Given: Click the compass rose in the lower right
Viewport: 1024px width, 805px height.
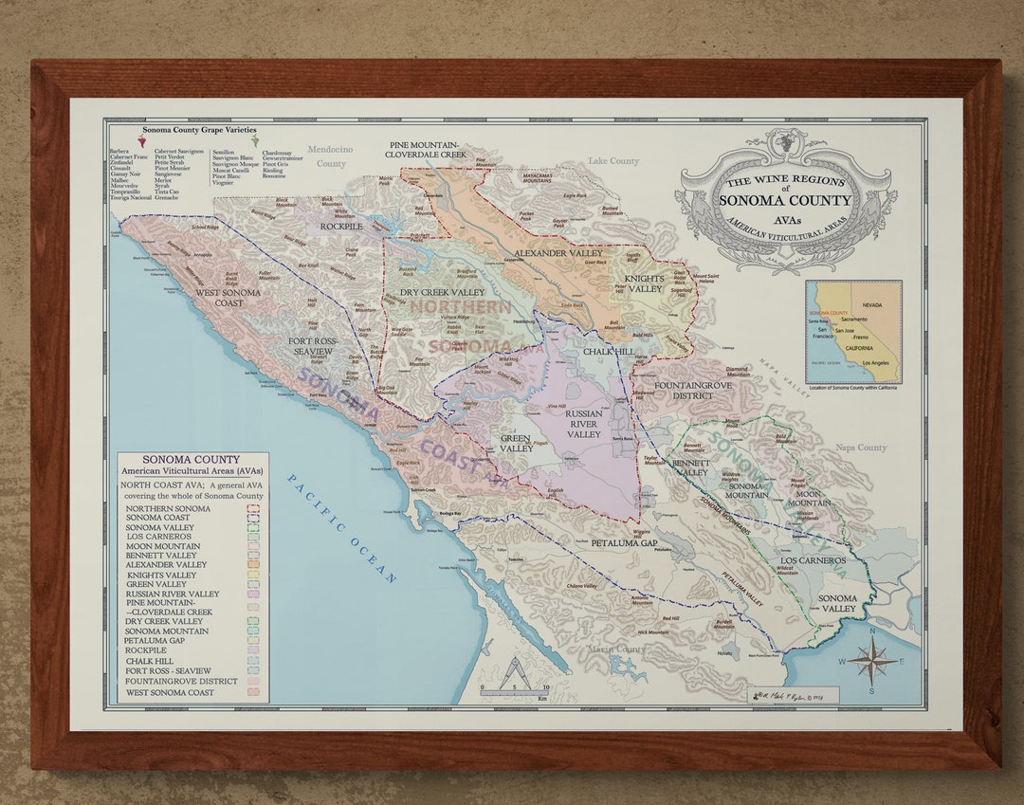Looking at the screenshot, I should [x=871, y=660].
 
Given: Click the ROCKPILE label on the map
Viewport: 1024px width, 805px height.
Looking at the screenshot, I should [x=341, y=227].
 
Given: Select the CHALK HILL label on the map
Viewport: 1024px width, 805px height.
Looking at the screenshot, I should [x=609, y=352].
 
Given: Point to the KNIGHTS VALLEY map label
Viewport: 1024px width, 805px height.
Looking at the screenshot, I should [x=645, y=284].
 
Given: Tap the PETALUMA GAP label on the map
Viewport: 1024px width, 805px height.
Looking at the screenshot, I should [x=623, y=544].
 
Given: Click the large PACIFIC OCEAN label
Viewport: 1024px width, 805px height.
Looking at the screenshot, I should [x=343, y=528].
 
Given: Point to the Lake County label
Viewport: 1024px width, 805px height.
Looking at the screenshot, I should [x=613, y=161].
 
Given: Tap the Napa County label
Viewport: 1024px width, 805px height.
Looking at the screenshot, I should [x=860, y=448].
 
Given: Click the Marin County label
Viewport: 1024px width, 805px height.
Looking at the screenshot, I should [x=615, y=649].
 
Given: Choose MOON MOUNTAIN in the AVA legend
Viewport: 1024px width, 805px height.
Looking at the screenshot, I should [x=163, y=546].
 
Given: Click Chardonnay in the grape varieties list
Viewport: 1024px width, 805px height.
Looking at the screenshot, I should [x=277, y=152].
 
